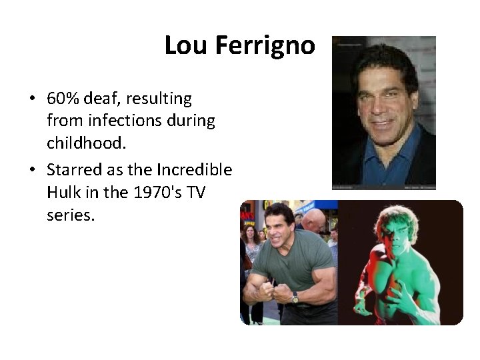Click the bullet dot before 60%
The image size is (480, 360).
pos(32,100)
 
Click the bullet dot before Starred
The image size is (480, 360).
pos(32,171)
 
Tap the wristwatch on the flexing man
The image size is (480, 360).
pos(295,297)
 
